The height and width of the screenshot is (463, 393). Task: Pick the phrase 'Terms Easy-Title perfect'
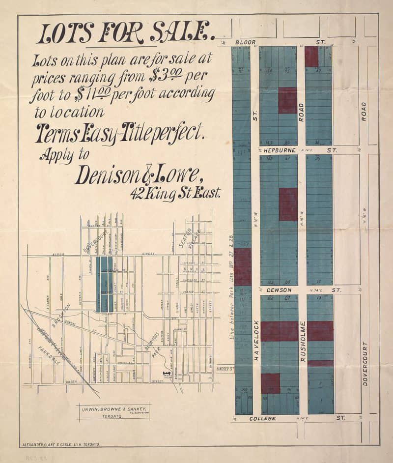tap(118, 132)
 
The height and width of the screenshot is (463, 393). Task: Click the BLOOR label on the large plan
tap(245, 42)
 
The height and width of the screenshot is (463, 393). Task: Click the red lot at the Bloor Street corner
tap(311, 57)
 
